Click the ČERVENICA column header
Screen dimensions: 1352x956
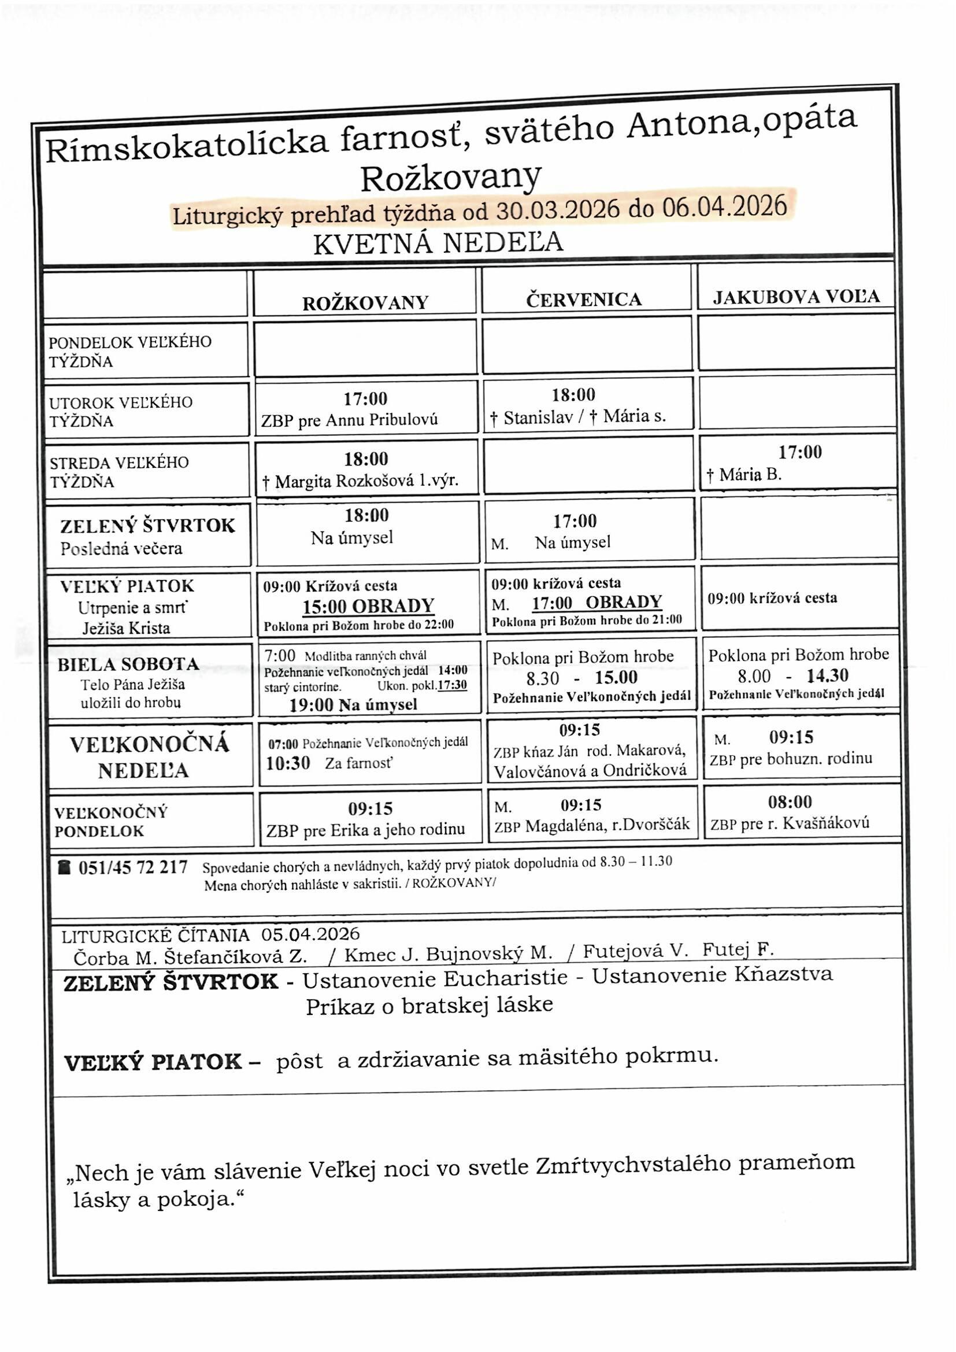pos(583,300)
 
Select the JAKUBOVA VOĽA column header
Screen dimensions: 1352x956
pos(796,296)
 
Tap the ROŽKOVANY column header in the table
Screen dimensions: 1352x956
pos(365,302)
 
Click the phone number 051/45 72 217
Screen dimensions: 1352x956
pos(132,867)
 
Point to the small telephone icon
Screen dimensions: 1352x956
pos(64,867)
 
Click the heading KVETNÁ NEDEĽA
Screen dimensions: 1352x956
pos(438,243)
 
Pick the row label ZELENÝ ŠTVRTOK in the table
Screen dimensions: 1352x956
pos(147,525)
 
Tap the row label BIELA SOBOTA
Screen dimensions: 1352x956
pos(128,664)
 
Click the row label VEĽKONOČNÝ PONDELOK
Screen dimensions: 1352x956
pos(110,822)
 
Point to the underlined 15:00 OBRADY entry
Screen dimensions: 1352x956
pos(368,606)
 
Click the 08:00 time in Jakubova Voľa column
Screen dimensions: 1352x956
pos(790,801)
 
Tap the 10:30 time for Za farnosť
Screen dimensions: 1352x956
pos(288,764)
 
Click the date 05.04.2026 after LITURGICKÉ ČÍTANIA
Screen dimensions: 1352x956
pos(310,934)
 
